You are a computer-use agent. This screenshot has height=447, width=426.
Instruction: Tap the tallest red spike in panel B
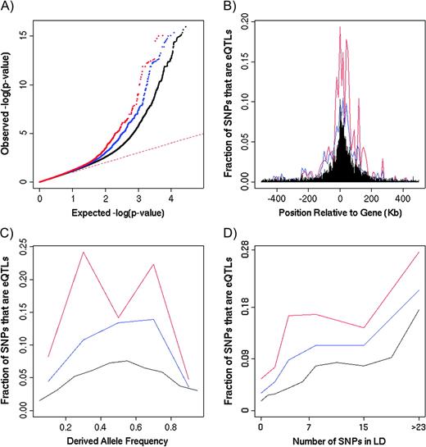[x=339, y=27]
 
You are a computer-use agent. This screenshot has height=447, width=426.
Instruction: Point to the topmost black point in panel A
[x=185, y=26]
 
